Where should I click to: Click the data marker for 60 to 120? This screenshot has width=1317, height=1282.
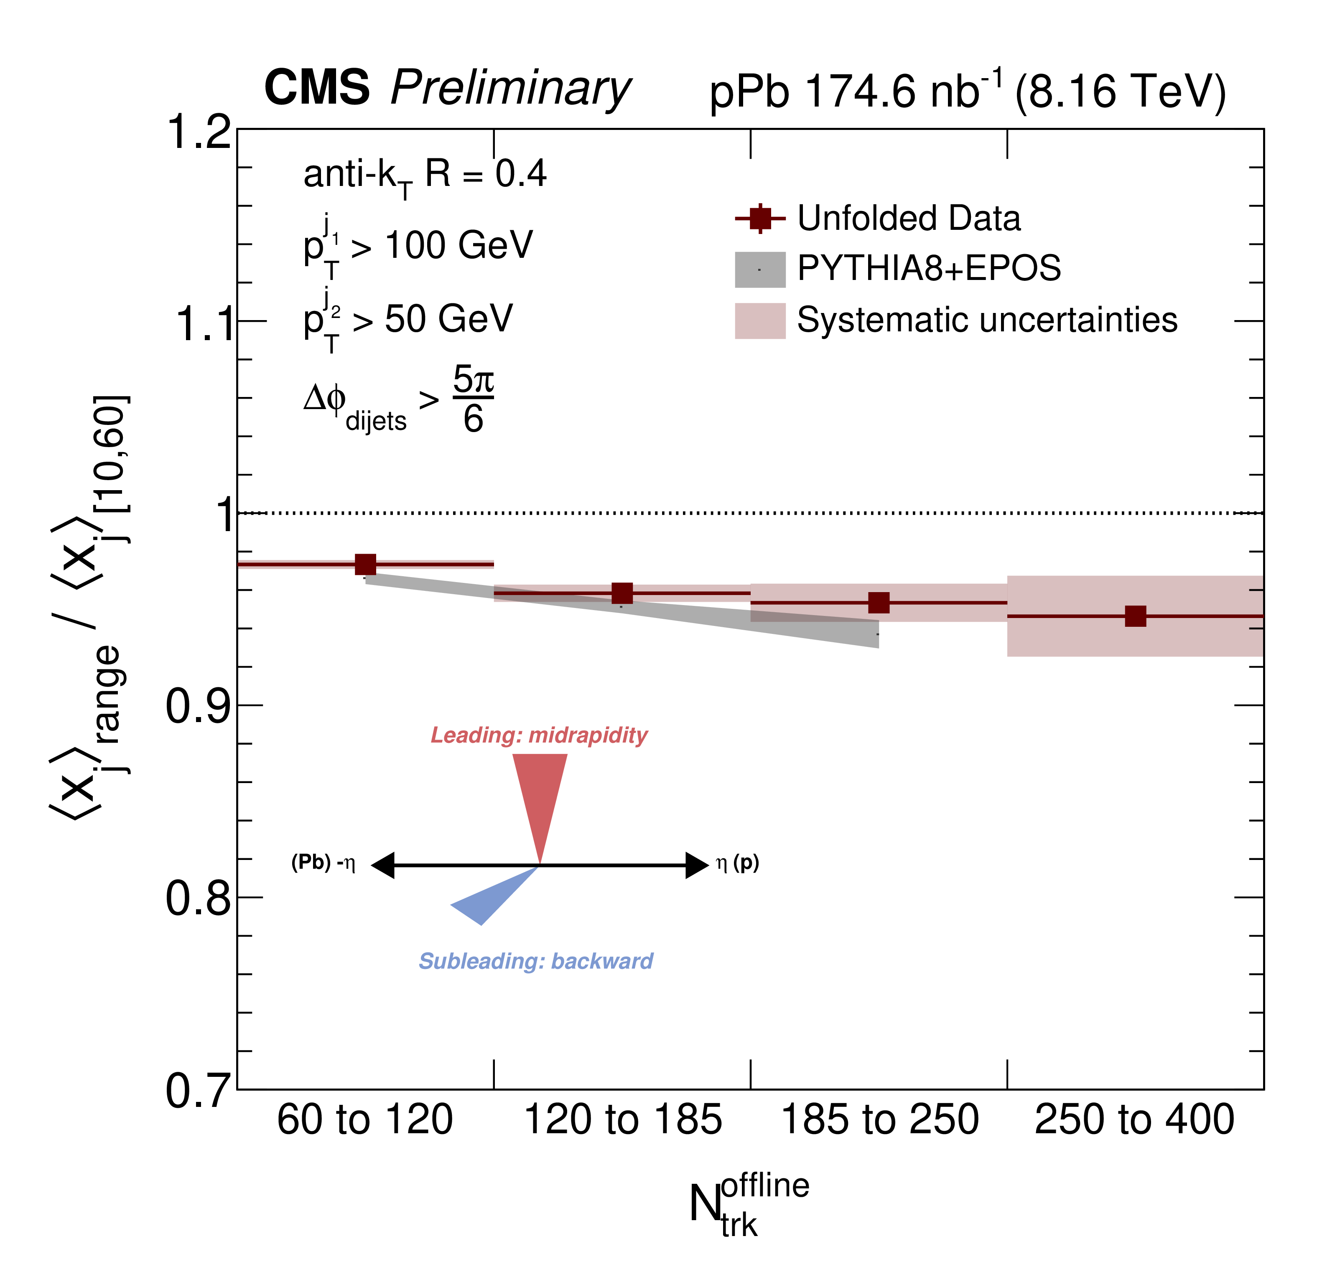pyautogui.click(x=365, y=564)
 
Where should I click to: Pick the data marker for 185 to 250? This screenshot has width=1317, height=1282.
pyautogui.click(x=879, y=603)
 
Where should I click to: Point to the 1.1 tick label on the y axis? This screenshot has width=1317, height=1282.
pyautogui.click(x=204, y=323)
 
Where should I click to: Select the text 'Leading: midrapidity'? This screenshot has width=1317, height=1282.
pyautogui.click(x=539, y=735)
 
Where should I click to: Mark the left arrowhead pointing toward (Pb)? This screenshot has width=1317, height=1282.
pyautogui.click(x=384, y=865)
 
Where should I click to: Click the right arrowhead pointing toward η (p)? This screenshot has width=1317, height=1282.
pyautogui.click(x=697, y=865)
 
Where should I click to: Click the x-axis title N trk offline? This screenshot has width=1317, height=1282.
pyautogui.click(x=747, y=1205)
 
